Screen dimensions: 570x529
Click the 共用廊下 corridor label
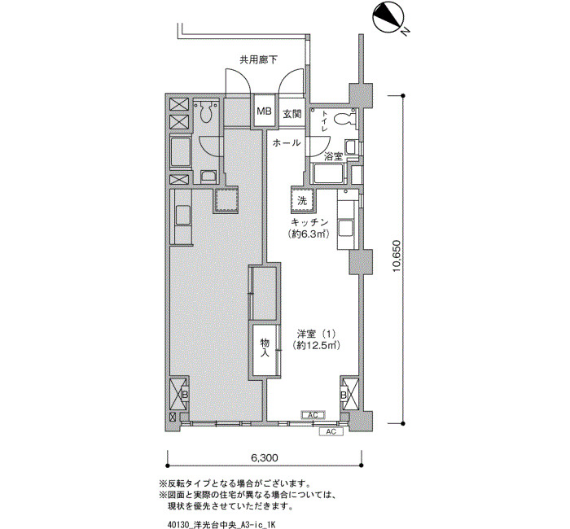258,60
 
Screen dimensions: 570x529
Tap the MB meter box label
265,111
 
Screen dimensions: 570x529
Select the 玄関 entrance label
292,114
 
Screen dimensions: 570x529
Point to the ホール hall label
287,142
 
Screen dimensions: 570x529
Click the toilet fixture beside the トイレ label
344,119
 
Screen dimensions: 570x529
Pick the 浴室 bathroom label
333,157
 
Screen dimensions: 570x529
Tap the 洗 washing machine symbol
302,200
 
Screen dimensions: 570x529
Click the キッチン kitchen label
309,222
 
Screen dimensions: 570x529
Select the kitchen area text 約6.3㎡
309,234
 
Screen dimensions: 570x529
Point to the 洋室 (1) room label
316,334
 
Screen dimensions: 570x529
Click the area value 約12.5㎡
316,346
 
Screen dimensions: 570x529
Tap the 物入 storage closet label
265,348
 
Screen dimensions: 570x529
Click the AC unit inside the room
313,415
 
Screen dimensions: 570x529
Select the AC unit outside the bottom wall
331,431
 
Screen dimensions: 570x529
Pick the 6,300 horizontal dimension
265,457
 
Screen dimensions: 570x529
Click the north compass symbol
387,17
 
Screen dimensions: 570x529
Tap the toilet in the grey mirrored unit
206,111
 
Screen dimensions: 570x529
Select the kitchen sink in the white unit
345,229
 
